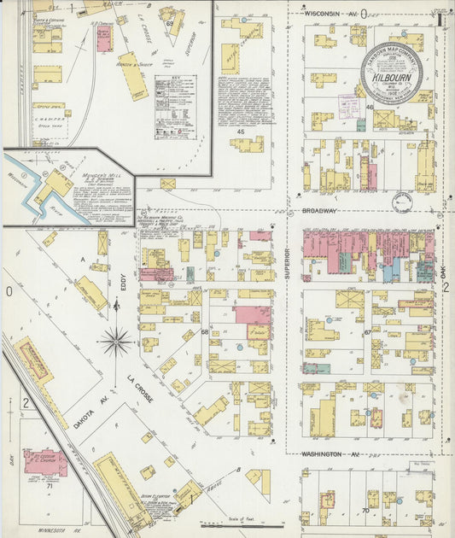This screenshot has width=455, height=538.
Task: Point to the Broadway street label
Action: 319,210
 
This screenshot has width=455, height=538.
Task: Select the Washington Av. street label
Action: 322,454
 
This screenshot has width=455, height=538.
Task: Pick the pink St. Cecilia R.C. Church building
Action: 44,460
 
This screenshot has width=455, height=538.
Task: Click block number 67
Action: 367,333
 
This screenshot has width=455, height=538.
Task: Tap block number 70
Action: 365,510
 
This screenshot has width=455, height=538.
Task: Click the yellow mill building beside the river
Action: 57,184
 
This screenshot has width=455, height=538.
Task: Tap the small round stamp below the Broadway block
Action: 402,202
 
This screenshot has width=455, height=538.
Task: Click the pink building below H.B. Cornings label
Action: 103,39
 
